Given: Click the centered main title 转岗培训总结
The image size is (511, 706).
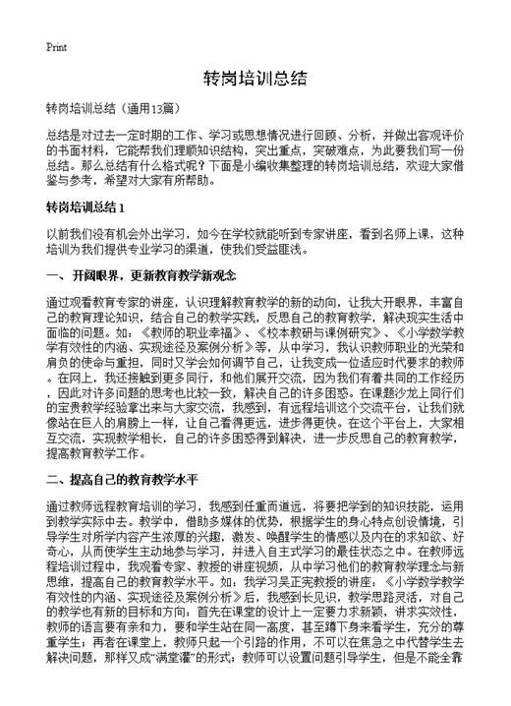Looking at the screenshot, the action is pyautogui.click(x=255, y=78).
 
